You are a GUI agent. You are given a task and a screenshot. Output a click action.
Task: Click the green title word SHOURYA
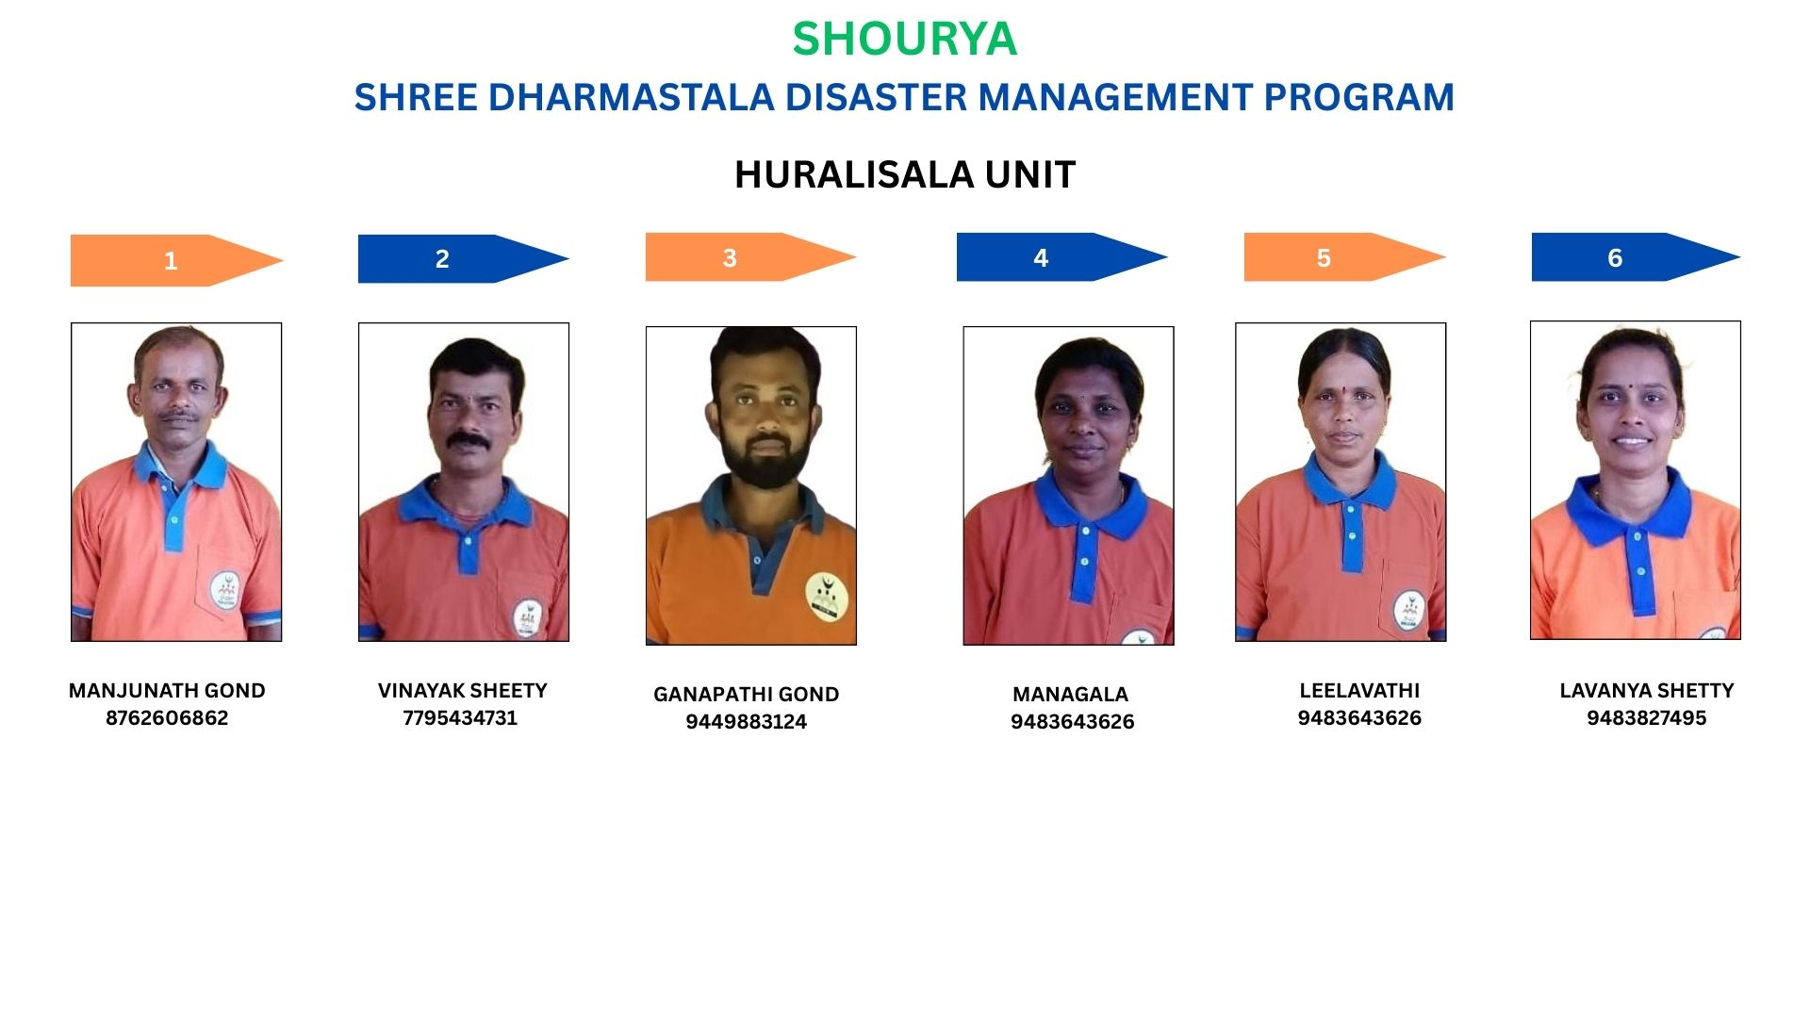pyautogui.click(x=904, y=39)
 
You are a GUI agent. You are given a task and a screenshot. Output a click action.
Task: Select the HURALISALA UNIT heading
pyautogui.click(x=905, y=174)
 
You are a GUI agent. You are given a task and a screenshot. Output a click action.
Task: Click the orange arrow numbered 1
pyautogui.click(x=176, y=260)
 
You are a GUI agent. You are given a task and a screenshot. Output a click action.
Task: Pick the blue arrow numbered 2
pyautogui.click(x=463, y=258)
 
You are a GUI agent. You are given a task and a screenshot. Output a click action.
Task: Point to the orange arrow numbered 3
pyautogui.click(x=750, y=257)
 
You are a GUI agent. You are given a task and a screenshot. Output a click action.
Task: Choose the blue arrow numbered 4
pyautogui.click(x=1061, y=257)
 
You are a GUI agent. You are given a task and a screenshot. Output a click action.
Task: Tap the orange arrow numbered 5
pyautogui.click(x=1344, y=257)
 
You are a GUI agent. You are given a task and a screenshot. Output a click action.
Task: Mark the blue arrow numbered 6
pyautogui.click(x=1636, y=257)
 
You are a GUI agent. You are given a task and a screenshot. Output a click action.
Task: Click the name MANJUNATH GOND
pyautogui.click(x=167, y=691)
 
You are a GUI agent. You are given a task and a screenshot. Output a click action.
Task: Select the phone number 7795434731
pyautogui.click(x=460, y=718)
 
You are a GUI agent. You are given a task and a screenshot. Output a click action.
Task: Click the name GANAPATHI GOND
pyautogui.click(x=746, y=695)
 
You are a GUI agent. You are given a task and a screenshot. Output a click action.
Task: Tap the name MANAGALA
pyautogui.click(x=1070, y=695)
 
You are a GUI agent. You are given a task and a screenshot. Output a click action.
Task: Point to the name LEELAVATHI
pyautogui.click(x=1359, y=691)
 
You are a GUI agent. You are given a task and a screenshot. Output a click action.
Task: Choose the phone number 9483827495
pyautogui.click(x=1646, y=718)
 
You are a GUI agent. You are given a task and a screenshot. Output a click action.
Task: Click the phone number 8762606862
pyautogui.click(x=167, y=718)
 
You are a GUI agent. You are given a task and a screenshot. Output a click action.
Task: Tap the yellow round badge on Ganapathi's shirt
pyautogui.click(x=827, y=598)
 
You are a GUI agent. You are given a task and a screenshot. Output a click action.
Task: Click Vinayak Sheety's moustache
pyautogui.click(x=469, y=440)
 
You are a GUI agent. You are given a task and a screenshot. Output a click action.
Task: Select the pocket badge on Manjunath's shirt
pyautogui.click(x=224, y=590)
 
